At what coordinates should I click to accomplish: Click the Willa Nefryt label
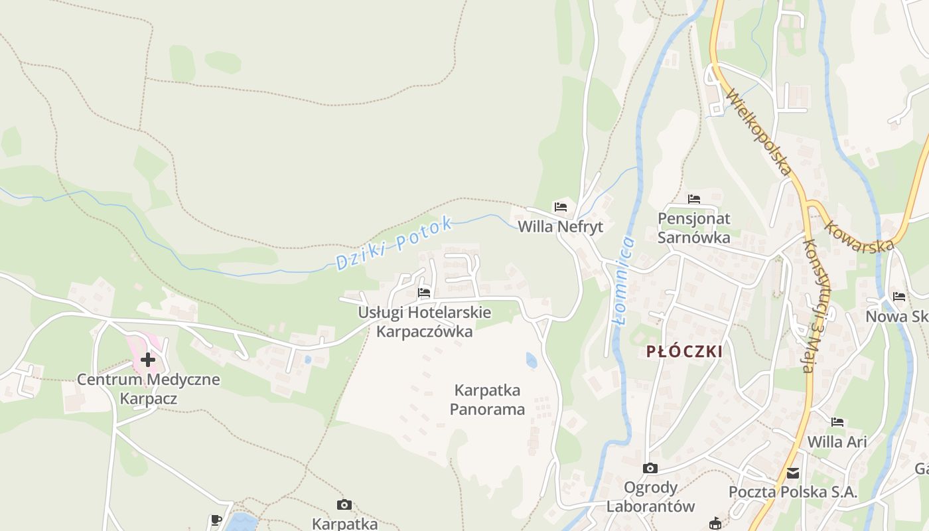coord(560,227)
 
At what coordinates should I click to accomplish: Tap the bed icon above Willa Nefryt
coord(561,207)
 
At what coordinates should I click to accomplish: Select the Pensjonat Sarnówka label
coord(693,228)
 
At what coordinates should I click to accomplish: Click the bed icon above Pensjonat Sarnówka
coord(694,198)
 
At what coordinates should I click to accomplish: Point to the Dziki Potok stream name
coord(394,244)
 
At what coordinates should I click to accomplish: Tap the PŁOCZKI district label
coord(685,352)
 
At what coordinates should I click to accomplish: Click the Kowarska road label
coord(859,236)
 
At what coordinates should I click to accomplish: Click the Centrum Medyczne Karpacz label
coord(148,389)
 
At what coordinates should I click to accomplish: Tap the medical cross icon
coord(147,360)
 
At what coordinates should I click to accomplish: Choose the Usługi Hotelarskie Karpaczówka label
coord(425,321)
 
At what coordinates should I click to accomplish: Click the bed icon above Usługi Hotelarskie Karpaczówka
coord(424,292)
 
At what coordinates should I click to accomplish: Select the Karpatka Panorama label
coord(487,400)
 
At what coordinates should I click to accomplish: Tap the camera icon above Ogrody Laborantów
coord(650,468)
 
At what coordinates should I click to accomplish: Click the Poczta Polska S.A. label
coord(793,493)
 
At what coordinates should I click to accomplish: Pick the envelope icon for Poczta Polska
coord(793,473)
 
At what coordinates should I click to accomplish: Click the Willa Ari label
coord(837,441)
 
